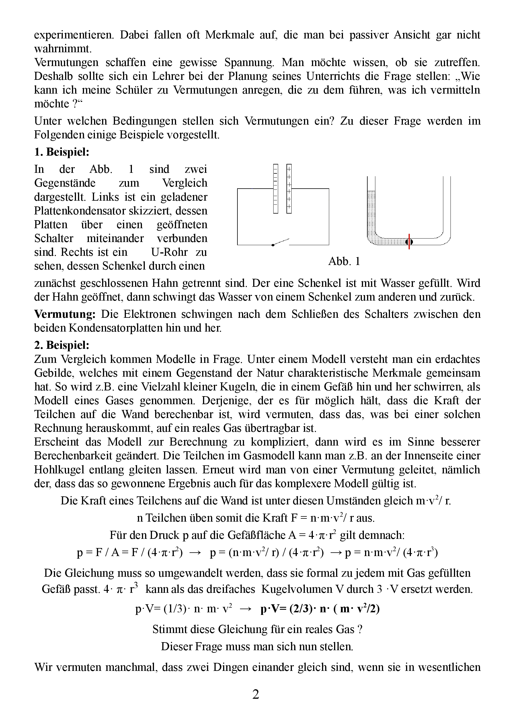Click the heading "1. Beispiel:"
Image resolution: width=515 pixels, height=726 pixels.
pyautogui.click(x=62, y=152)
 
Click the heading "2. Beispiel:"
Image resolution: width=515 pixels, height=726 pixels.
pyautogui.click(x=62, y=345)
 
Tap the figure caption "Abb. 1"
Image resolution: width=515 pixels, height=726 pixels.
pyautogui.click(x=344, y=261)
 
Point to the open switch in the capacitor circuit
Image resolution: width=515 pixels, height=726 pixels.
pyautogui.click(x=281, y=242)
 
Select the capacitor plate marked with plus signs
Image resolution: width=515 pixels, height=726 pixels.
pyautogui.click(x=289, y=188)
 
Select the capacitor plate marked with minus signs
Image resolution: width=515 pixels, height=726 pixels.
pyautogui.click(x=276, y=188)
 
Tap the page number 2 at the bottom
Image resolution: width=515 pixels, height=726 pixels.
pyautogui.click(x=255, y=694)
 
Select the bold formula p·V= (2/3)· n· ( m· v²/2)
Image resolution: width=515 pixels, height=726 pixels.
pyautogui.click(x=320, y=609)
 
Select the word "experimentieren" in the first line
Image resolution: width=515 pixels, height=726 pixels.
pyautogui.click(x=74, y=35)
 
